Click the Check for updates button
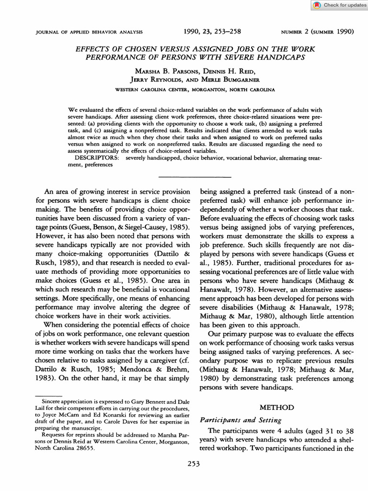coord(339,5)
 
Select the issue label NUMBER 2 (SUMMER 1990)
coord(317,33)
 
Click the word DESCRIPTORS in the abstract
coord(99,158)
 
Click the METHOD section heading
coord(276,407)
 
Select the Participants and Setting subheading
coord(241,421)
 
